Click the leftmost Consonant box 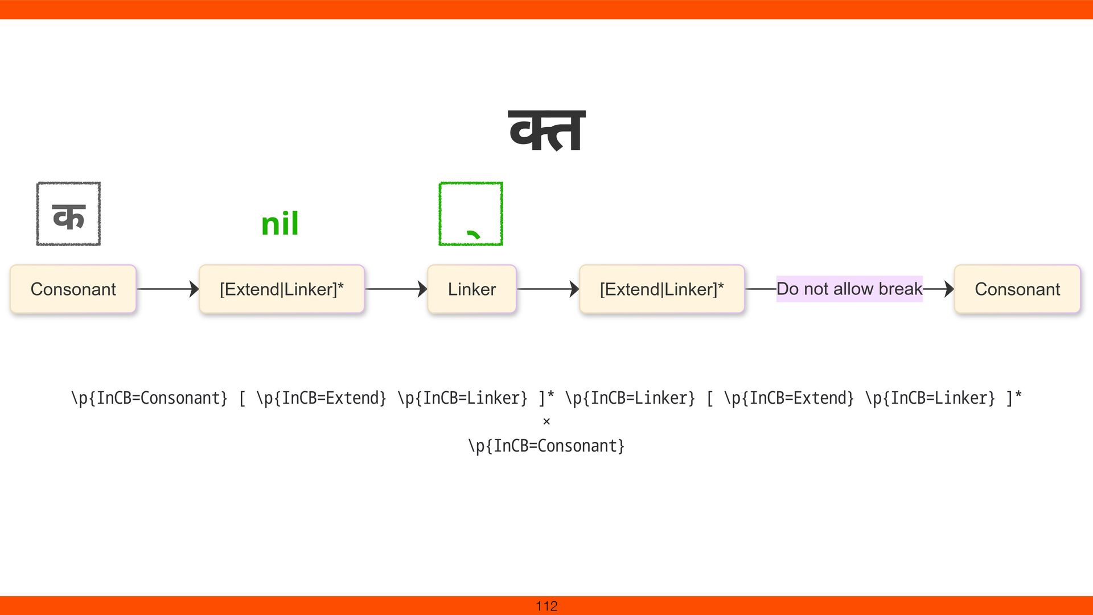tap(73, 289)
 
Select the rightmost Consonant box tap(1017, 289)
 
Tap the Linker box tap(472, 289)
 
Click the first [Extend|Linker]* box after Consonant tap(282, 289)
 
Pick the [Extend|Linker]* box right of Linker tap(661, 289)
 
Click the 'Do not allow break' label tap(849, 289)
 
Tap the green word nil tap(280, 224)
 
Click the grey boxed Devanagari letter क tap(68, 214)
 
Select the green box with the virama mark tap(471, 214)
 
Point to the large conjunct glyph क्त tap(546, 131)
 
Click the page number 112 tap(546, 606)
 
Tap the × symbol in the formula tap(546, 422)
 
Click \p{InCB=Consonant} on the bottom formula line tap(546, 446)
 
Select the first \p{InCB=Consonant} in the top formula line tap(149, 398)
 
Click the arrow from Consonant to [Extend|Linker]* tap(167, 289)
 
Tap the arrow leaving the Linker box tap(548, 289)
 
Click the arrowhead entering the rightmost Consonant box tap(948, 289)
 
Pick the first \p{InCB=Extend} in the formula tap(322, 398)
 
